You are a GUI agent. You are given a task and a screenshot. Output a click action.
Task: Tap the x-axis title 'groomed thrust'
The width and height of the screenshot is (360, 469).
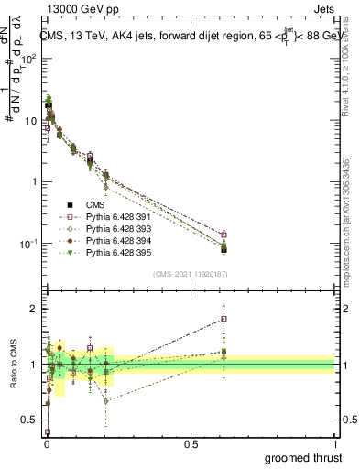coord(304,456)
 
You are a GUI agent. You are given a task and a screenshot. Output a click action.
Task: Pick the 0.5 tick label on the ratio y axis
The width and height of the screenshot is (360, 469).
coord(29,420)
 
